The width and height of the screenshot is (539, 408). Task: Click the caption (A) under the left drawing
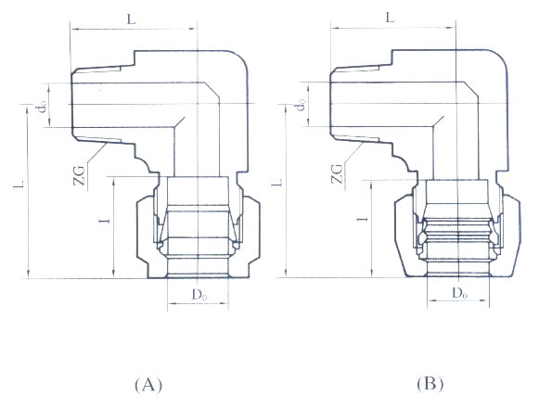click(148, 385)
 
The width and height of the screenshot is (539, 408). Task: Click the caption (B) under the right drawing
click(430, 384)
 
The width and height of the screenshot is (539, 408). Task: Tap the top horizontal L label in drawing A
click(131, 19)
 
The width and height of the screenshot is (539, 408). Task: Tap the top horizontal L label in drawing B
click(390, 18)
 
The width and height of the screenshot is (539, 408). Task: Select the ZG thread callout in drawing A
click(80, 175)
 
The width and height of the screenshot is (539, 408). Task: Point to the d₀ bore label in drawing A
click(43, 108)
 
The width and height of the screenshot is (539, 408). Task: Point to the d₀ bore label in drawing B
click(302, 105)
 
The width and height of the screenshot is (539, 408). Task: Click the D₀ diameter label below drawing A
click(199, 295)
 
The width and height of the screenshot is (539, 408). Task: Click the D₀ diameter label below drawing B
click(459, 294)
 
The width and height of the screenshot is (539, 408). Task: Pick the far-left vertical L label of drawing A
click(19, 185)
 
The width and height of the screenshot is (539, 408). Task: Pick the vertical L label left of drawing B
click(278, 182)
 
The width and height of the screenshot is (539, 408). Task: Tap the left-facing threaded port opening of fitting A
click(71, 104)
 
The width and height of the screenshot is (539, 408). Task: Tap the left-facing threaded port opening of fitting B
click(330, 103)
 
